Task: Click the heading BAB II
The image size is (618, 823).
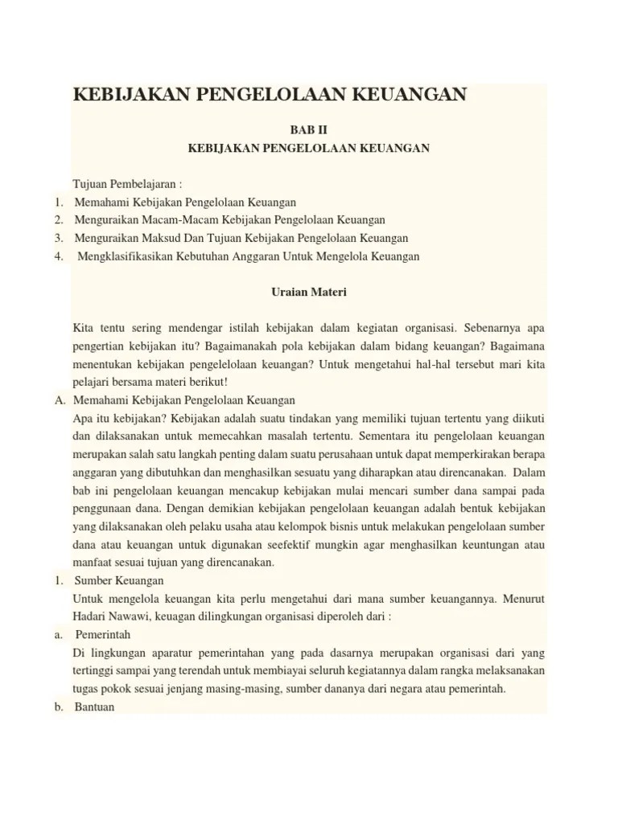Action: point(308,129)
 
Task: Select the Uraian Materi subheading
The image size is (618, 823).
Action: point(308,293)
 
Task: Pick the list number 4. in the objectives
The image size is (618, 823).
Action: point(60,256)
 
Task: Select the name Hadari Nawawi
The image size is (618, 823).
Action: point(110,616)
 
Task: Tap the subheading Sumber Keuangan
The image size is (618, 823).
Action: point(119,580)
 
